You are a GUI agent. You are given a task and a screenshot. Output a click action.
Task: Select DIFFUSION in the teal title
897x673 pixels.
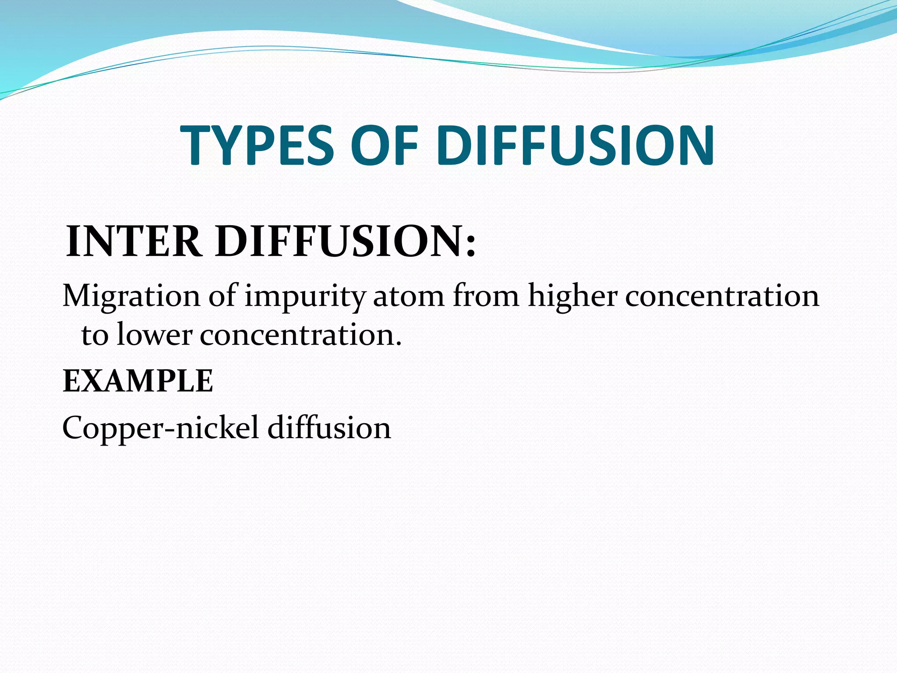[x=575, y=145]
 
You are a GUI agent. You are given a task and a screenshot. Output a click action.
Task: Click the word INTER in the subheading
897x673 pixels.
[x=134, y=241]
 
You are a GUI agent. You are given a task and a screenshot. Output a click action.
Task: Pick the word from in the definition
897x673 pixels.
[x=486, y=296]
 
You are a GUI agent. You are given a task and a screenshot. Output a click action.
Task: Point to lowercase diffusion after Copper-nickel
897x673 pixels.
[x=329, y=427]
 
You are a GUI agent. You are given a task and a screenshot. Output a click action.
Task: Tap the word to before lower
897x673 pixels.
[x=95, y=336]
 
